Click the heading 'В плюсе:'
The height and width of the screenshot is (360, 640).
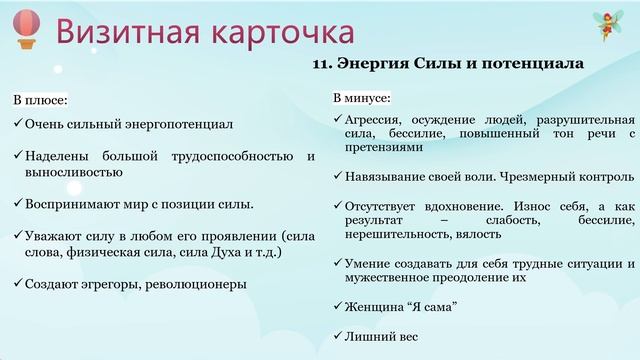point(40,101)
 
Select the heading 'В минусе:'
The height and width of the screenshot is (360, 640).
point(362,99)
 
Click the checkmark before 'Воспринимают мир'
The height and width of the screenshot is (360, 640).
point(18,204)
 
